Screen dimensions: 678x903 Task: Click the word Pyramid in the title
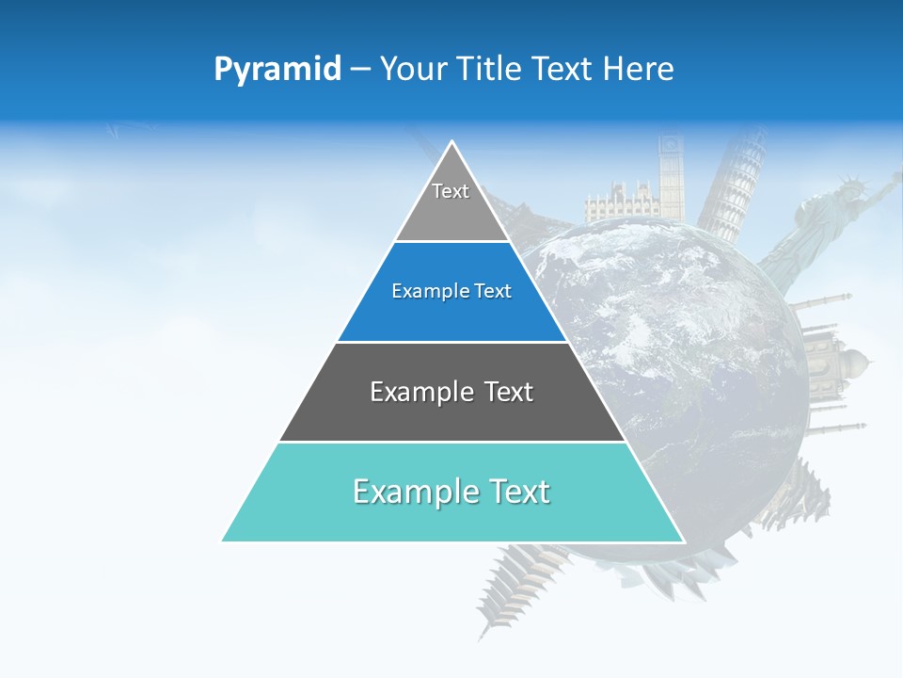pos(277,69)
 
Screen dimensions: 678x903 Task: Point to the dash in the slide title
pos(359,70)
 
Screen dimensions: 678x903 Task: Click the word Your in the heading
pos(412,69)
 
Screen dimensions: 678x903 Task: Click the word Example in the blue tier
pos(422,291)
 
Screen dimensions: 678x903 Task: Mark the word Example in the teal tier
pos(409,492)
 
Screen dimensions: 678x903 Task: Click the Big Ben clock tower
pos(671,179)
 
